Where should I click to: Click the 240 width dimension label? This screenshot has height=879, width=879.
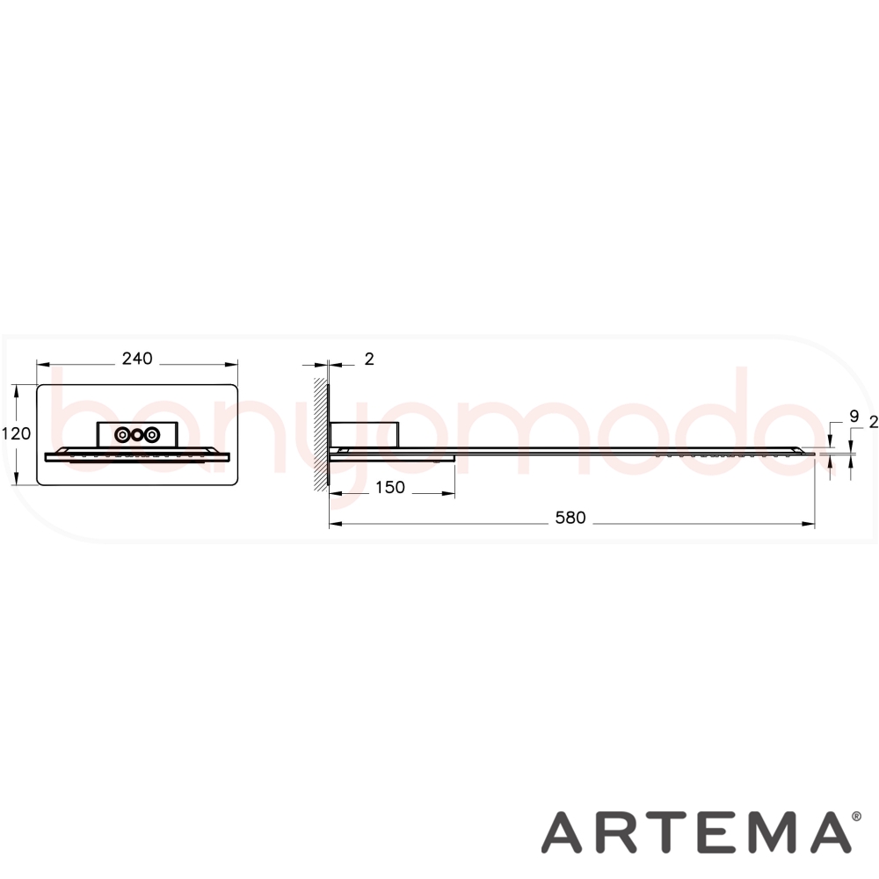click(137, 359)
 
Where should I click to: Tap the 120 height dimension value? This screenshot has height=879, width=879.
click(16, 433)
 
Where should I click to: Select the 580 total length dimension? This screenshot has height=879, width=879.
click(570, 518)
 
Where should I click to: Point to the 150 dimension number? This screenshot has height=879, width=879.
click(389, 487)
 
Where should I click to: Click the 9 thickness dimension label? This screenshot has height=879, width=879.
click(854, 417)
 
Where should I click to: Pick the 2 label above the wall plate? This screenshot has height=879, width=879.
click(369, 359)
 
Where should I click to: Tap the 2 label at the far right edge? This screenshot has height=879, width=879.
click(874, 422)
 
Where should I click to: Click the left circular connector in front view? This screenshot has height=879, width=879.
click(122, 434)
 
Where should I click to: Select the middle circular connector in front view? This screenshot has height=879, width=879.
click(137, 434)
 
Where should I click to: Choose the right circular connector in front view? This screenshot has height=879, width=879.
click(151, 434)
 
